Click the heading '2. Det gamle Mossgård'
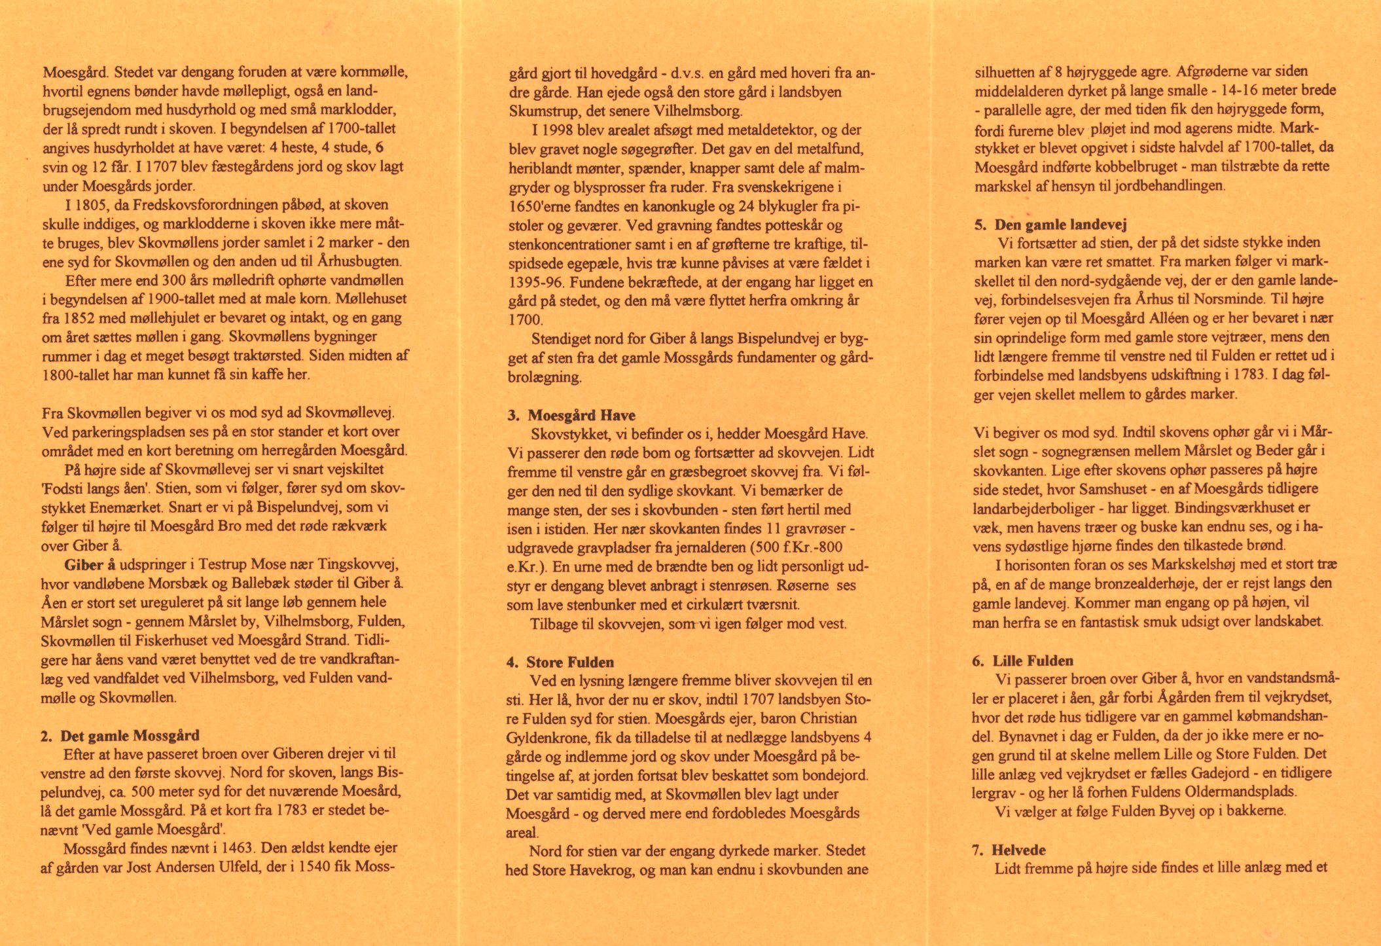pos(120,736)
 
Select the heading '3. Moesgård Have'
pos(571,415)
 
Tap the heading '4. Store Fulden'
pos(560,662)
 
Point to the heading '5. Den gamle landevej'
pos(1050,225)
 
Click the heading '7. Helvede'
pos(1009,850)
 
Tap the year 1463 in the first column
pos(238,848)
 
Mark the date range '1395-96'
pos(535,282)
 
